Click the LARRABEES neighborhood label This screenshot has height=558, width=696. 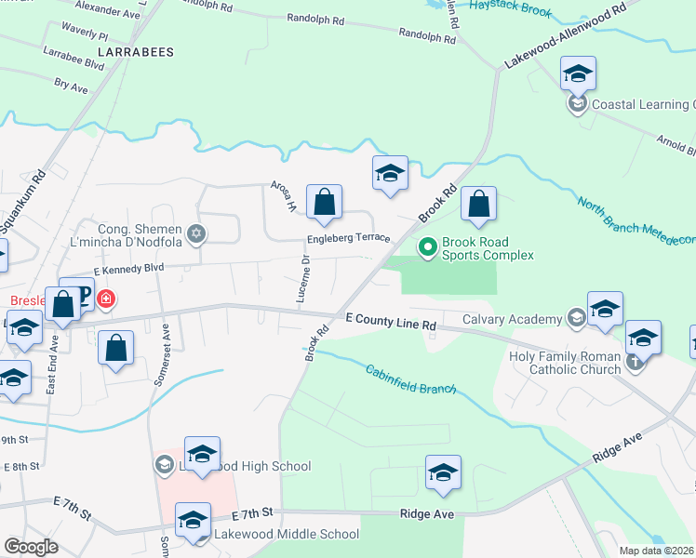(141, 52)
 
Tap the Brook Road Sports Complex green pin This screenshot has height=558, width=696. (428, 247)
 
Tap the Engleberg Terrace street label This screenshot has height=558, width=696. (350, 238)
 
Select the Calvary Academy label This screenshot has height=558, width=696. (523, 320)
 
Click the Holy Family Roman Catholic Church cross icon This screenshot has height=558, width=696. (636, 363)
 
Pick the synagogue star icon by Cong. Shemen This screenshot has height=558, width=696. (195, 233)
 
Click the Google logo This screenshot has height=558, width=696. (31, 547)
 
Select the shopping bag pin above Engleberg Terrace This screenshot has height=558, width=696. (324, 202)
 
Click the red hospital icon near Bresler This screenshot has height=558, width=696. (108, 299)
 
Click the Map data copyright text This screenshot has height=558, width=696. (656, 551)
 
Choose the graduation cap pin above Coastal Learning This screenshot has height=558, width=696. (578, 73)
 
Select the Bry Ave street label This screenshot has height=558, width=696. (71, 86)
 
